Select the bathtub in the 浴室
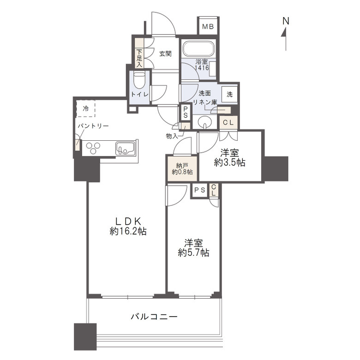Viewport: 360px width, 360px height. click(x=199, y=48)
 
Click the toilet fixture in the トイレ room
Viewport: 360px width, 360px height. click(x=139, y=81)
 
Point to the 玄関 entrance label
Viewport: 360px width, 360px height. click(x=166, y=54)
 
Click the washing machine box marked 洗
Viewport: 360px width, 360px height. click(x=229, y=94)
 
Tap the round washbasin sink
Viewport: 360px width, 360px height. click(x=204, y=122)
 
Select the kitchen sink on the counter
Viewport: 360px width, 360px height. click(x=125, y=148)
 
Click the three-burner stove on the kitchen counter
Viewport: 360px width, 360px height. click(x=94, y=148)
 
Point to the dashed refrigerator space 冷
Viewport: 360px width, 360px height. click(x=86, y=109)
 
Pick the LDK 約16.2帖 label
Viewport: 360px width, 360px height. click(x=128, y=227)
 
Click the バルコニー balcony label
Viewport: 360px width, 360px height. click(x=154, y=317)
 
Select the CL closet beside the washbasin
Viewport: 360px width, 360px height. click(x=228, y=122)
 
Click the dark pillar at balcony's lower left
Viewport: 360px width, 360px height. click(x=85, y=336)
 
